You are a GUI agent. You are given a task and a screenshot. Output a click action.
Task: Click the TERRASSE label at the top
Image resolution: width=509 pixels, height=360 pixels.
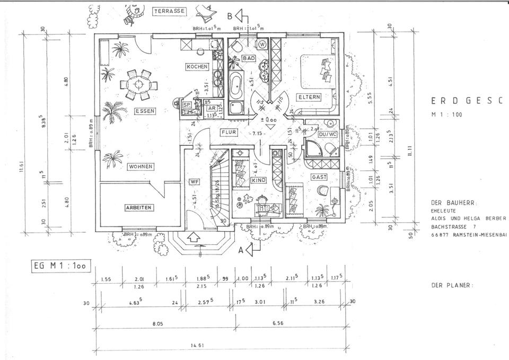(168, 11)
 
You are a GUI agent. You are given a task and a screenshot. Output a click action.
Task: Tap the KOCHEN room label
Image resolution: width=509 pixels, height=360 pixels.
(197, 67)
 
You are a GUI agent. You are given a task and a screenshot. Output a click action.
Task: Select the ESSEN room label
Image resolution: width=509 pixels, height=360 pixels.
(144, 111)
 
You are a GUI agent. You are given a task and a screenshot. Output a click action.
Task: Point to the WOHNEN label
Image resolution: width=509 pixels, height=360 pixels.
(141, 166)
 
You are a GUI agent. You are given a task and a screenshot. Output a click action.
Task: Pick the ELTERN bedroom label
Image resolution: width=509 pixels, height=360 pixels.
(308, 98)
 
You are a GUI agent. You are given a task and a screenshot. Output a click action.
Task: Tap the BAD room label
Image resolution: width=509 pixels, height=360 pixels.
(248, 58)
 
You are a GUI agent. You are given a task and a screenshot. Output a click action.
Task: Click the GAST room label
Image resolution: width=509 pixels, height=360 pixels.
(319, 177)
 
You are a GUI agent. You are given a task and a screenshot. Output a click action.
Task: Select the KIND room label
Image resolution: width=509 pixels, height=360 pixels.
(258, 181)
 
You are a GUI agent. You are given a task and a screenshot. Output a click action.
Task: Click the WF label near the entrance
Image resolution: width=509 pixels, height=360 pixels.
(195, 182)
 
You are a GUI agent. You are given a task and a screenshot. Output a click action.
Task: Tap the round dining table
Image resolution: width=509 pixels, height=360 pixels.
(139, 84)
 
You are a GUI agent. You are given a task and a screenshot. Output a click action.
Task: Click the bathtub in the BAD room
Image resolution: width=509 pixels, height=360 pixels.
(236, 85)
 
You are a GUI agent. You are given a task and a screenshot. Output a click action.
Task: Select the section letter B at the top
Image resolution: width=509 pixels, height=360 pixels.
(230, 16)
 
